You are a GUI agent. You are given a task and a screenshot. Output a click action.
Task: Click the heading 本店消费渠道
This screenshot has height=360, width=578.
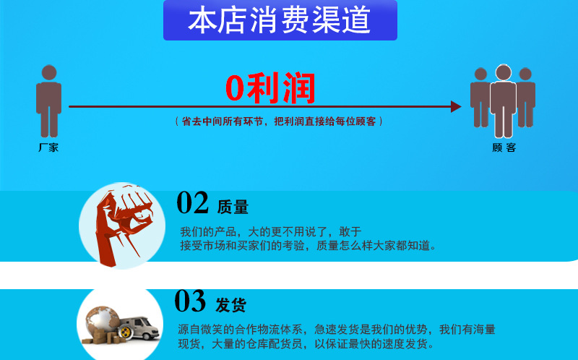(280, 20)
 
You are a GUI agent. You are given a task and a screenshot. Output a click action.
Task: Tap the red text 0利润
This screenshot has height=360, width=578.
(270, 89)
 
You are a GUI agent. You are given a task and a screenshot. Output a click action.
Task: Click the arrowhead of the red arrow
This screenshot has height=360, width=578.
(455, 106)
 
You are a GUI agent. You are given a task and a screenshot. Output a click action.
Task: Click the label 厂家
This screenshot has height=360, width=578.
(48, 147)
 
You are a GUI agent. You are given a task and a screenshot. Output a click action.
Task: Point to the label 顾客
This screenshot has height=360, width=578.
(504, 147)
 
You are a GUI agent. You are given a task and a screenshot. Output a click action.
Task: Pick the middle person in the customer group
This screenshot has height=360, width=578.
(503, 101)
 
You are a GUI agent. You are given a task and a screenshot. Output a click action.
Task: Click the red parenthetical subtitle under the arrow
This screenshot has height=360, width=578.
(279, 121)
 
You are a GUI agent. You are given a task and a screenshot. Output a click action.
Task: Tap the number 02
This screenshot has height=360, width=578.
(192, 203)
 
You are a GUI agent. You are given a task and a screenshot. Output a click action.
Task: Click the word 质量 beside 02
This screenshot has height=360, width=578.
(233, 207)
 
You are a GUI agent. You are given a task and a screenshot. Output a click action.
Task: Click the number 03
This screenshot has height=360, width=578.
(191, 301)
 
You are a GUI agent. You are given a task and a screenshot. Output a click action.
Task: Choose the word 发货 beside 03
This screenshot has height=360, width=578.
(231, 304)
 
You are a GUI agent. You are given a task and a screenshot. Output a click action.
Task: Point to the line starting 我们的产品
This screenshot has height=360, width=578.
(270, 231)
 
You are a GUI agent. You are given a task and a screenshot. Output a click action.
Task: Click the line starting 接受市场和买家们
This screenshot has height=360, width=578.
(309, 246)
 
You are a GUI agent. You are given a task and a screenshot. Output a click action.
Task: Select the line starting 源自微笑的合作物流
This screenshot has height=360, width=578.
(337, 330)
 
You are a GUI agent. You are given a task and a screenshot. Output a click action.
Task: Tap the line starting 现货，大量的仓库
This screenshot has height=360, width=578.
(306, 344)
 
